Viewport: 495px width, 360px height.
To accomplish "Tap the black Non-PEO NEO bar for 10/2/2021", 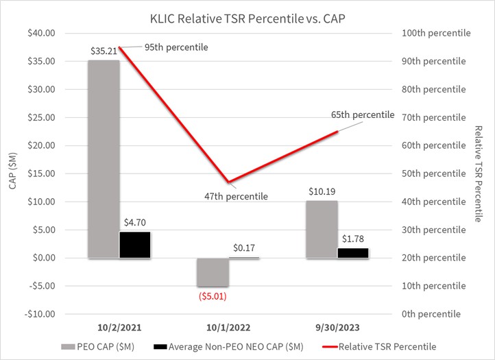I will pyautogui.click(x=135, y=245).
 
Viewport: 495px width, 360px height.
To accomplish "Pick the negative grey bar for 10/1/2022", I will pyautogui.click(x=213, y=272).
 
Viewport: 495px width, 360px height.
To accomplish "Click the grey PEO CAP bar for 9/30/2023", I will pyautogui.click(x=322, y=229).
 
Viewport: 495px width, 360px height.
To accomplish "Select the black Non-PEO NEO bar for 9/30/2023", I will pyautogui.click(x=352, y=253).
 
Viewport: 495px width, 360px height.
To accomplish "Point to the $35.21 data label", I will pyautogui.click(x=104, y=51).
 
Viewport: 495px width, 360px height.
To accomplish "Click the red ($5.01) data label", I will pyautogui.click(x=213, y=297).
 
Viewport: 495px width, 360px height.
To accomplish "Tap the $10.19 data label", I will pyautogui.click(x=322, y=191).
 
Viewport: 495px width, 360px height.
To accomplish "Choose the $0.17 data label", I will pyautogui.click(x=244, y=248).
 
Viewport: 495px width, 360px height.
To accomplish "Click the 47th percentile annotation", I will pyautogui.click(x=237, y=197).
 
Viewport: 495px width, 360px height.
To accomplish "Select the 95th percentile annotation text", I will pyautogui.click(x=176, y=47).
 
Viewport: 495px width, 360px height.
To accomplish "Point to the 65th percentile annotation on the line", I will pyautogui.click(x=363, y=115).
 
